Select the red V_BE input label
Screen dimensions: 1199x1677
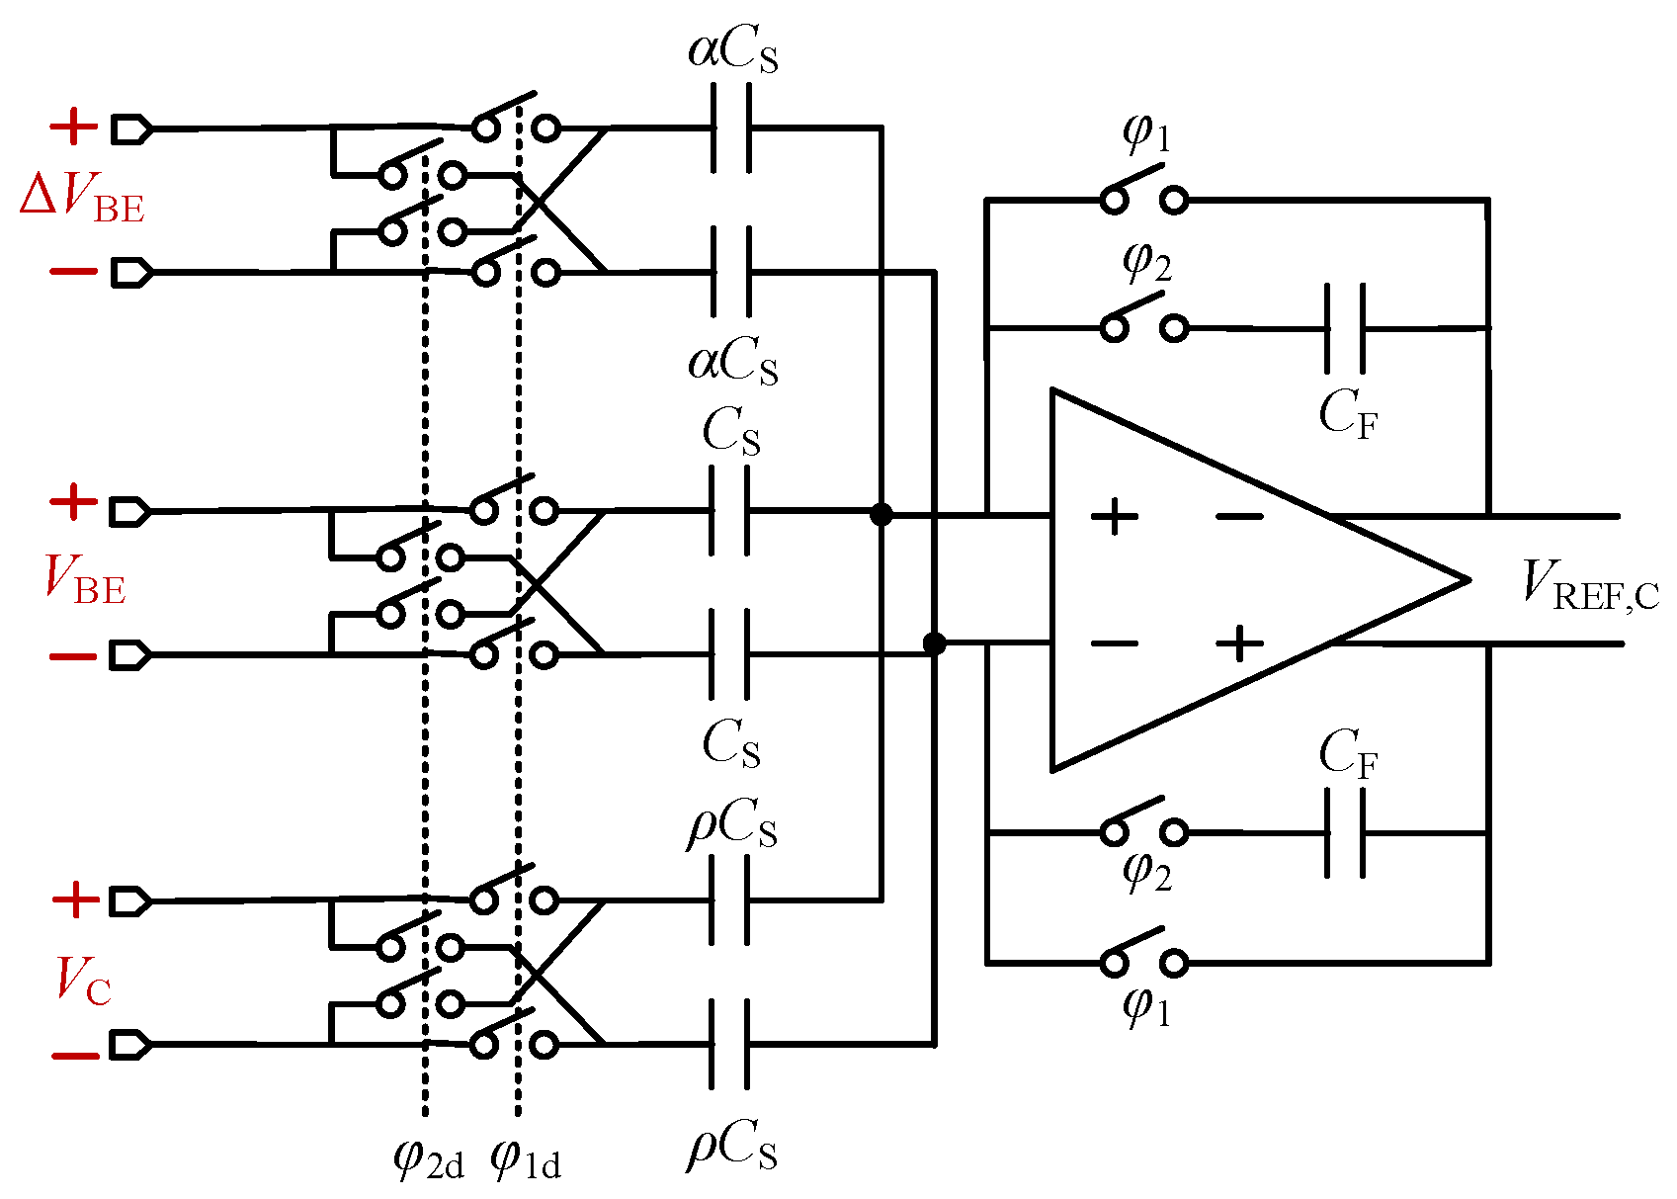pos(85,580)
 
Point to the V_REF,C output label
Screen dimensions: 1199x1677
pos(1589,586)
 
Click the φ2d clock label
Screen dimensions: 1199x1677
pos(428,1158)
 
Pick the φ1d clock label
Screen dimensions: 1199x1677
pos(525,1158)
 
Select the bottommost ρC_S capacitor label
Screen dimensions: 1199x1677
pos(731,1150)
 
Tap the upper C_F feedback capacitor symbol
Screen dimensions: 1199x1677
pos(1345,327)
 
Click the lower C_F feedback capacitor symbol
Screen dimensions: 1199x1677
pos(1345,833)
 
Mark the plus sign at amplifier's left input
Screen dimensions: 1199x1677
pos(1114,516)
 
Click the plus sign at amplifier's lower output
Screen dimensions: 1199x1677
pos(1239,644)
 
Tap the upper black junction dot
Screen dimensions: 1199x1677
pos(880,515)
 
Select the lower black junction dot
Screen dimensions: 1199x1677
pos(934,644)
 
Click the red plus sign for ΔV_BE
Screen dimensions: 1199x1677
pos(73,126)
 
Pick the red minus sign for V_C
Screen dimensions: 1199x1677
pos(75,1056)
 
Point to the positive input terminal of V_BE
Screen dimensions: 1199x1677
pos(129,511)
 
